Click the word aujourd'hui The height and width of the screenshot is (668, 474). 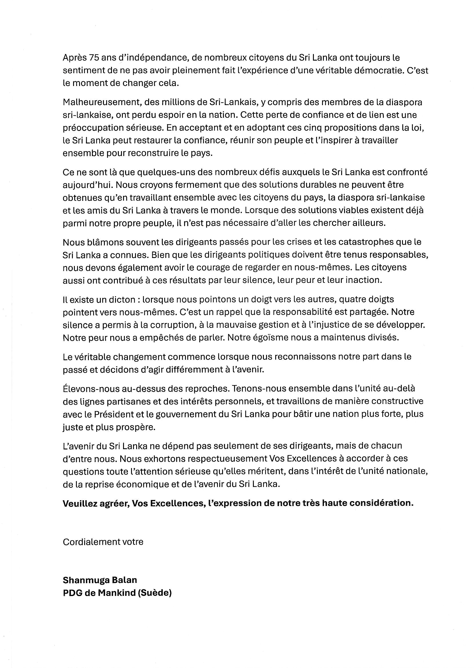click(85, 185)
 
